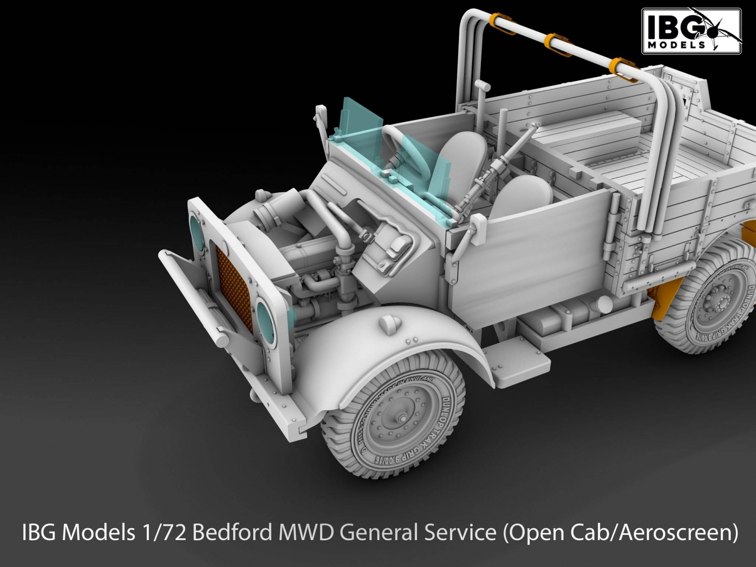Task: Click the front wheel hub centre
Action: pyautogui.click(x=402, y=418)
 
